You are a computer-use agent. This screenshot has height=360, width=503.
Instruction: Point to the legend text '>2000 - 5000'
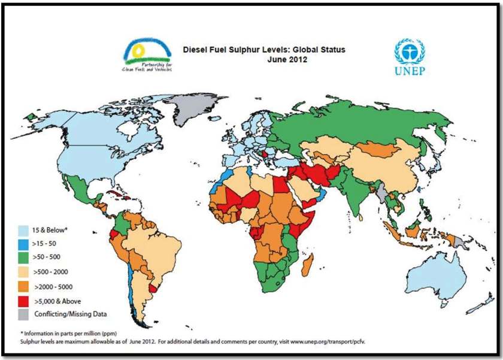pos(55,287)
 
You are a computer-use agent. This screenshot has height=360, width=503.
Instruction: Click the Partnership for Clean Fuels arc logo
pos(147,52)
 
